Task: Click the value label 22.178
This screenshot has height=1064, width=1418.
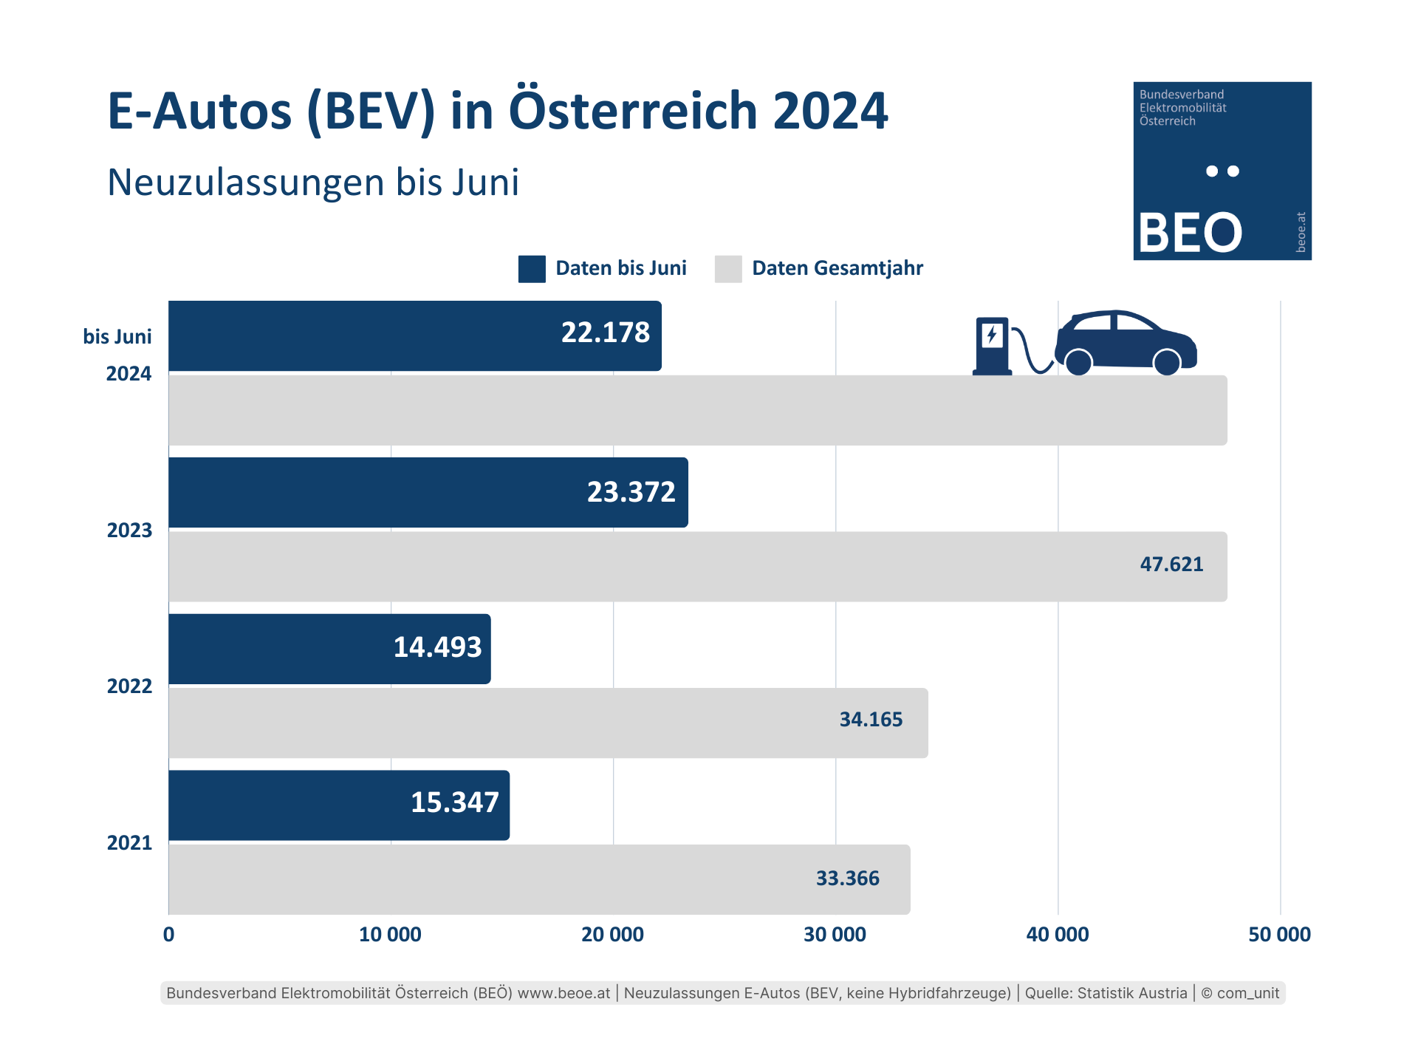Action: (605, 332)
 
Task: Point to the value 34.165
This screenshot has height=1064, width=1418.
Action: (871, 720)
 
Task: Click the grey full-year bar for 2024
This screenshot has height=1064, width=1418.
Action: (697, 410)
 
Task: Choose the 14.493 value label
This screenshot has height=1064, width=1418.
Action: (437, 647)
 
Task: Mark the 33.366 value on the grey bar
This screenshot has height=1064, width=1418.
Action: (847, 879)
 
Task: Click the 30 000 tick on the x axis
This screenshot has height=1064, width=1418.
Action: (835, 935)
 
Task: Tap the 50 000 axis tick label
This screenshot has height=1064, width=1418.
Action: (1279, 935)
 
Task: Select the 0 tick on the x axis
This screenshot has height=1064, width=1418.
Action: (169, 935)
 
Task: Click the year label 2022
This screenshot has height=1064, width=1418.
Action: (129, 686)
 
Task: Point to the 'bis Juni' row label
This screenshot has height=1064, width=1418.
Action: (117, 337)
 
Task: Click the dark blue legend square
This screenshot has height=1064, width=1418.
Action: (532, 269)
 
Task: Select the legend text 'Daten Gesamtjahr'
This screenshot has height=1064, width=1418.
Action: (838, 268)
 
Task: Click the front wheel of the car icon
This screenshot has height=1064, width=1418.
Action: (1166, 362)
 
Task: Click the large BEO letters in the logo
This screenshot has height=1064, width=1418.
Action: (1190, 233)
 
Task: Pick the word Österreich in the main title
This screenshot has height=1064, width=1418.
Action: (633, 111)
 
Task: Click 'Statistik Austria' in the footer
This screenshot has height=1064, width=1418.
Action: (1131, 993)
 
